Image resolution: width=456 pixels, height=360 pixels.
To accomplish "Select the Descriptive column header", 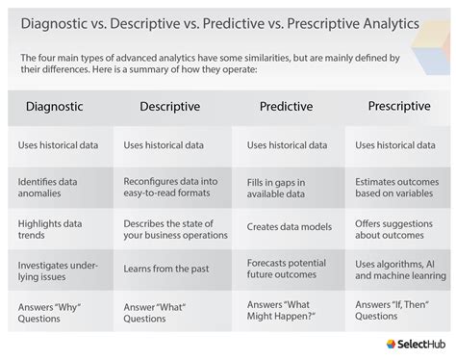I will (168, 107).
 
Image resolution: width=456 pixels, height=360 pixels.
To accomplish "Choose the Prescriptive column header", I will (397, 107).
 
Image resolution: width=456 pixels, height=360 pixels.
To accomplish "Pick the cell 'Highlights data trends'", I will (50, 229).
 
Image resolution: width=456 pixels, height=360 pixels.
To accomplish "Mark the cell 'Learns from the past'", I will (165, 269).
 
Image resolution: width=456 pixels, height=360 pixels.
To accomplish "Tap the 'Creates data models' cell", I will (289, 227).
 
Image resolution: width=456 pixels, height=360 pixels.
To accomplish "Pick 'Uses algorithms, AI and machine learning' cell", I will (398, 269).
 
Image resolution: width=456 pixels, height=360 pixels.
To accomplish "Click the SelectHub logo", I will (416, 345).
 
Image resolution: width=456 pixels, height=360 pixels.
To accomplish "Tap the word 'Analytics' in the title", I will (394, 20).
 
